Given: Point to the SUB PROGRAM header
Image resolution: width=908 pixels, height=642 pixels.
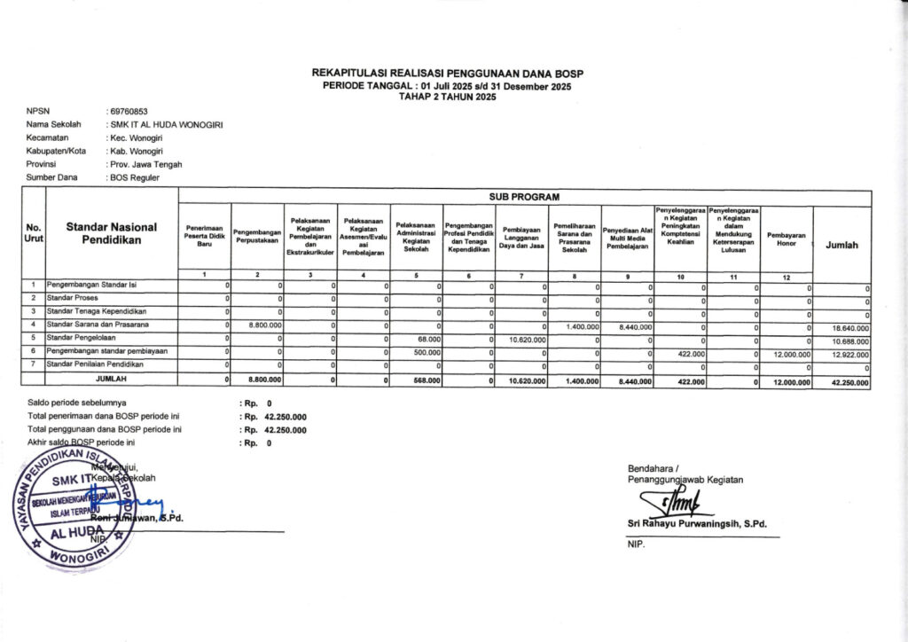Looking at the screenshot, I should pyautogui.click(x=524, y=195).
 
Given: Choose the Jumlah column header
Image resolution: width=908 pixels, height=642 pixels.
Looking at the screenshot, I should pyautogui.click(x=841, y=245).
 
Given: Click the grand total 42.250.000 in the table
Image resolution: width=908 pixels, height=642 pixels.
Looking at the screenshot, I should pyautogui.click(x=847, y=380).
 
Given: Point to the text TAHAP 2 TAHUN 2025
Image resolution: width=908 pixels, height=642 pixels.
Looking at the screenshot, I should pyautogui.click(x=447, y=96).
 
